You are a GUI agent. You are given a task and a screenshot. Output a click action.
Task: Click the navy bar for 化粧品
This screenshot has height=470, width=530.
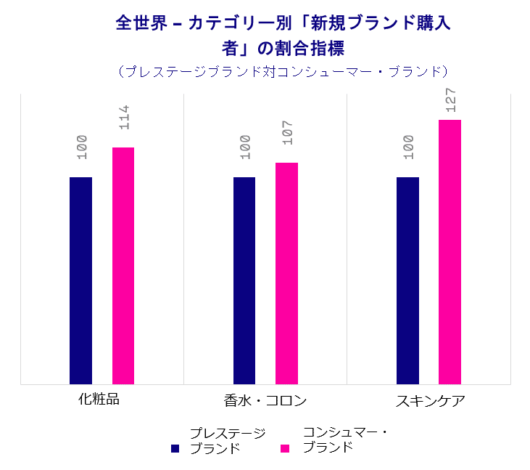80,280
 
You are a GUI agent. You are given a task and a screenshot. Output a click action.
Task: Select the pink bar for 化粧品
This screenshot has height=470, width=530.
123,265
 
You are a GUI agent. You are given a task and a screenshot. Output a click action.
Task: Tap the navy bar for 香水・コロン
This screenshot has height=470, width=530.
244,280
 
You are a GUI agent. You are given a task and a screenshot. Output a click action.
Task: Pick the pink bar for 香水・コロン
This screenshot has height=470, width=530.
286,272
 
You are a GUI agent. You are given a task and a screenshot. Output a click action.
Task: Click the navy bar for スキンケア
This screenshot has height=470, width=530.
407,280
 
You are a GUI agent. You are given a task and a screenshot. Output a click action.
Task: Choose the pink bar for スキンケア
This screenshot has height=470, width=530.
450,251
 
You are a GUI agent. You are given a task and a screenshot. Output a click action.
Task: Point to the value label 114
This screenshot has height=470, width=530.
123,118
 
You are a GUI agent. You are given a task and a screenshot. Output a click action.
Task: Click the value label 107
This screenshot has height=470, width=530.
287,133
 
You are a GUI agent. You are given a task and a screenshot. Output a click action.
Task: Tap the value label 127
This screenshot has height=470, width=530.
450,100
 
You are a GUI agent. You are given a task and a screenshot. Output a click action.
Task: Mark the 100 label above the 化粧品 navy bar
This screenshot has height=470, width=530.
81,147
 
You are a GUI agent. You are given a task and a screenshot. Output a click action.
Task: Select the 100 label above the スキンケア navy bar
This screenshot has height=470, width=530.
408,147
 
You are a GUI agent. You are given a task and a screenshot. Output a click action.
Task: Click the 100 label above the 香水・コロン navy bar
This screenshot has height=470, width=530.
245,147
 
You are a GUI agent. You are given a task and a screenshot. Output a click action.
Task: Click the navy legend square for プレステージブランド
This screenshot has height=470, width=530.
175,448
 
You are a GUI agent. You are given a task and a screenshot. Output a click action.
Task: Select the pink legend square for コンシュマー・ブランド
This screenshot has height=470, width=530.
285,448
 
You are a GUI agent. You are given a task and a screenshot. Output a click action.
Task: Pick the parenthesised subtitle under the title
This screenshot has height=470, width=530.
283,71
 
